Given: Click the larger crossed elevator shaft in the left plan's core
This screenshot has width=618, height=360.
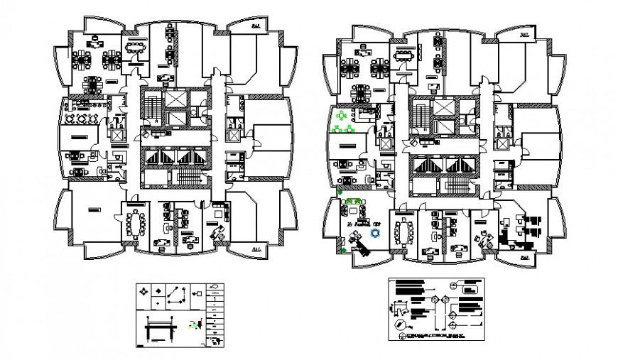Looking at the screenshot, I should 175,99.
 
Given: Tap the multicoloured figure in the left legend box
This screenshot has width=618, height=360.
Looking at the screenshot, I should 193,325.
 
